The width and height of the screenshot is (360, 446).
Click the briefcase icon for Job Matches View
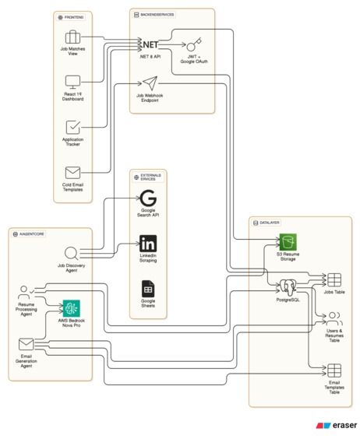72,37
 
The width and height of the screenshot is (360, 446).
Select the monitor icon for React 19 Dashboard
72,81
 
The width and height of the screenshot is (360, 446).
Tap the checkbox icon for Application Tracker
72,127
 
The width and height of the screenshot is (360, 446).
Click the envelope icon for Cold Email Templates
72,173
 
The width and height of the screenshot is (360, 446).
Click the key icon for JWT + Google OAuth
192,44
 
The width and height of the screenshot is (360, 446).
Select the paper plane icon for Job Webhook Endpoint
150,83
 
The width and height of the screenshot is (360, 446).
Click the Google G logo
148,199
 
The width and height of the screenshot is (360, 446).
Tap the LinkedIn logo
148,243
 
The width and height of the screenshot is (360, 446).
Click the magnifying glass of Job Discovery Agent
71,253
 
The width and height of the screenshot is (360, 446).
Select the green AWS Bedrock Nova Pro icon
72,307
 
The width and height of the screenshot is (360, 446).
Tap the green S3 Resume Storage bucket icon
289,241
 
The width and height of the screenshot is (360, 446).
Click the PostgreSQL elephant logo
289,285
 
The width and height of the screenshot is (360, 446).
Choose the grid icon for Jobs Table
334,279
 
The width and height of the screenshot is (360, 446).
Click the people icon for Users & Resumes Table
334,318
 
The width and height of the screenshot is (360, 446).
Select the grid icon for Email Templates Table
334,370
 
